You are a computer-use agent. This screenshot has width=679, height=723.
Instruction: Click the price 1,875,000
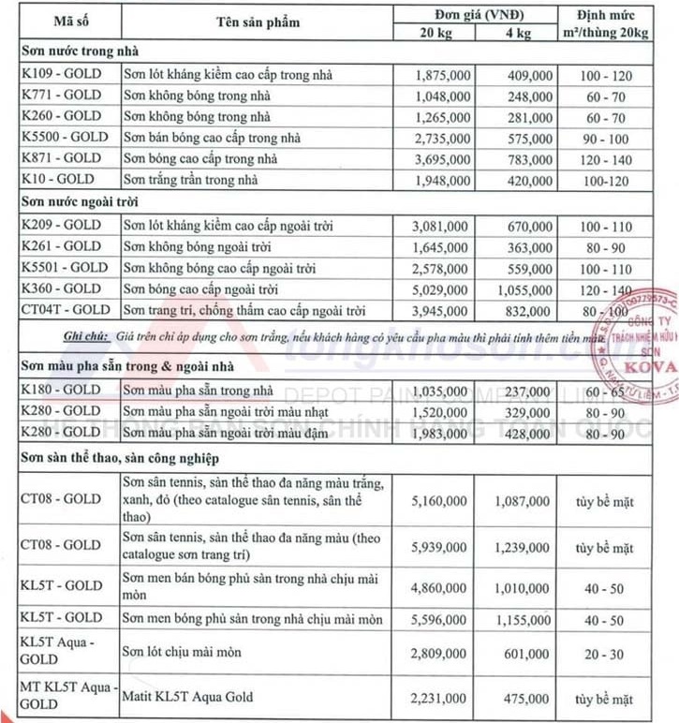(440, 75)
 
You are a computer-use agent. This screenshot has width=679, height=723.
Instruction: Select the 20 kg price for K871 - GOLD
(440, 159)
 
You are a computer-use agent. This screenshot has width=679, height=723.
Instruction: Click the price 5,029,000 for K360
(440, 289)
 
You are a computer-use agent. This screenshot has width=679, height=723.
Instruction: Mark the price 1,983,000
(440, 433)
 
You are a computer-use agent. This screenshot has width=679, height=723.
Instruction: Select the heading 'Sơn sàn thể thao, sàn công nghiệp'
(118, 457)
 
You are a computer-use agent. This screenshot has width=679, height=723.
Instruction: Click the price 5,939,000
(440, 545)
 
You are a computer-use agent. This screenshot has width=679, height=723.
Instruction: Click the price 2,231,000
(440, 699)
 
